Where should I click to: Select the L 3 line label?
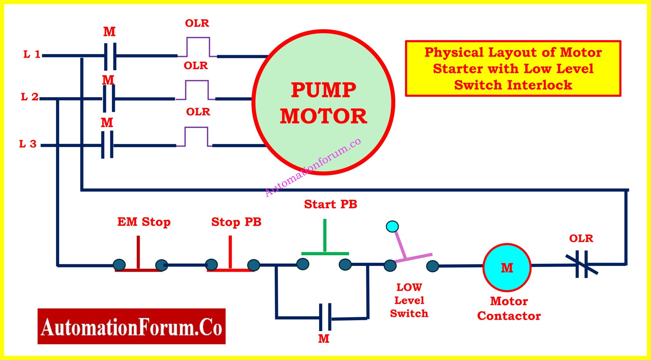28,144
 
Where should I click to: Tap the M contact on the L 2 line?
109,98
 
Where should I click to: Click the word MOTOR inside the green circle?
323,116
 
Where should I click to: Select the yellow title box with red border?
513,68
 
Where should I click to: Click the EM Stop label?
144,222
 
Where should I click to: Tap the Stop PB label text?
236,222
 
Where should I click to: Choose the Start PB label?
330,204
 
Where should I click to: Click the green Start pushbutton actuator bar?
325,253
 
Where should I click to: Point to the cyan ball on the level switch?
392,226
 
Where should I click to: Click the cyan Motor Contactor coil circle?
507,267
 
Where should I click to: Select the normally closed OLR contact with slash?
582,264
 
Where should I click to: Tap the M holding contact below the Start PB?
325,317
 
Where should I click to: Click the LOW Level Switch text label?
409,300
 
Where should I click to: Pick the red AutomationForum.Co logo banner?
131,326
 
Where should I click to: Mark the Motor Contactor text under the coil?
509,308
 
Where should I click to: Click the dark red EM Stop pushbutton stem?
138,252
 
